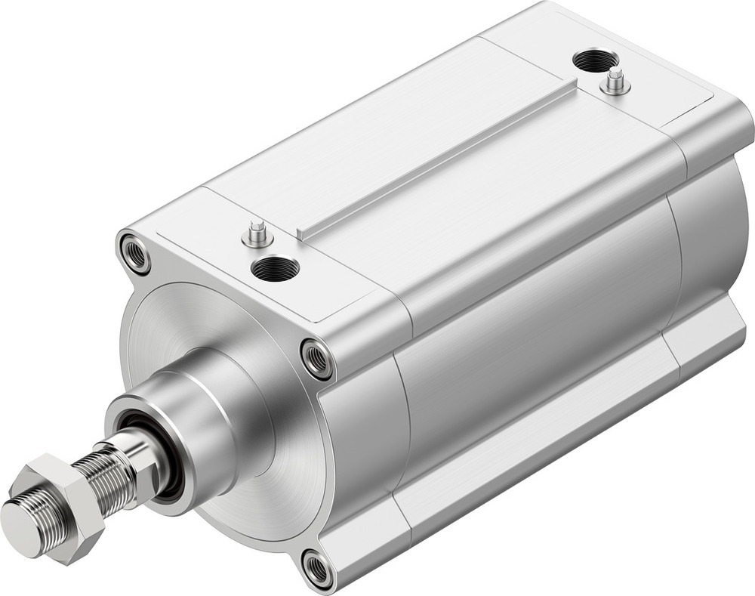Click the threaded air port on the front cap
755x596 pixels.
(x=275, y=267)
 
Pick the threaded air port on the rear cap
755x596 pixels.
(x=595, y=60)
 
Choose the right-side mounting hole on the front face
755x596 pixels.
(x=316, y=358)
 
